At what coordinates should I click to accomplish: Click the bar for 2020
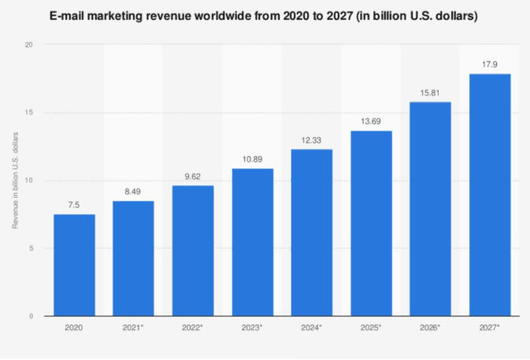pos(74,265)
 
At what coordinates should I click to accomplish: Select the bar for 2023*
pos(252,242)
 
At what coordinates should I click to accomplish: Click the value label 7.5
pos(74,205)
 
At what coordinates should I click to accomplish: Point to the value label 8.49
pos(133,191)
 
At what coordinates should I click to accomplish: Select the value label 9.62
pos(193,176)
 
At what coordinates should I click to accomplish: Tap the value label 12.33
pos(312,139)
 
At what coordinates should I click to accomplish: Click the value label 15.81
pos(431,92)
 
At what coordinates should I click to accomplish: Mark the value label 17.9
pos(490,64)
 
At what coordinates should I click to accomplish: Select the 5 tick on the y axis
pos(30,248)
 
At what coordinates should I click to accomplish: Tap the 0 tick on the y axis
pos(30,316)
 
